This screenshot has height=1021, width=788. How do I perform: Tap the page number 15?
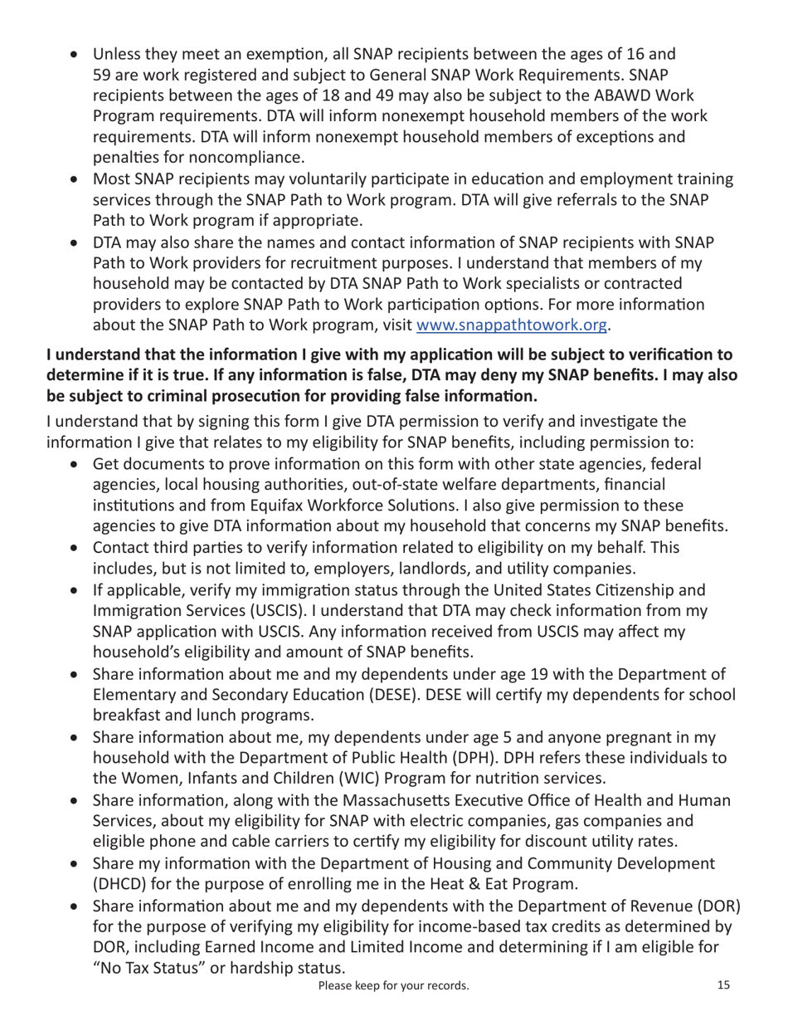pos(723,985)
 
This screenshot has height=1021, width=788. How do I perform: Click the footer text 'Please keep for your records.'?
pos(393,986)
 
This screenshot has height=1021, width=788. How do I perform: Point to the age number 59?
pos(103,75)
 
